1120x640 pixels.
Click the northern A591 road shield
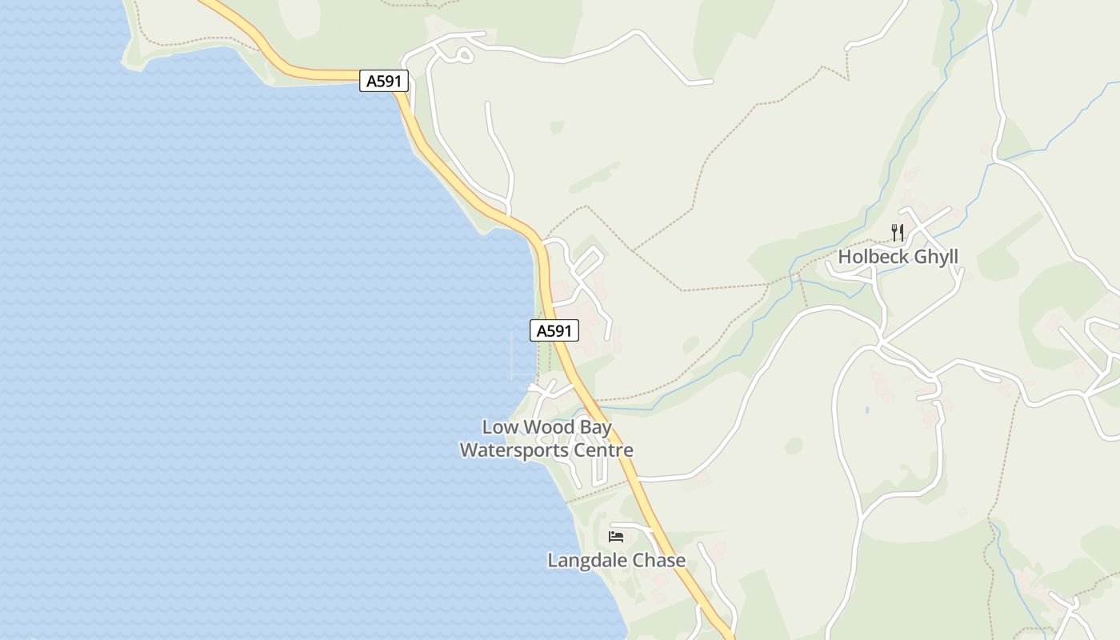tap(384, 81)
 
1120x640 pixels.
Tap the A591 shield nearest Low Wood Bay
tap(554, 330)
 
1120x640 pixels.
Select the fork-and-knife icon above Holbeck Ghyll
tap(898, 233)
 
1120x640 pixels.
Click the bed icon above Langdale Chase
tap(616, 536)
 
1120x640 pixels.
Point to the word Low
tap(500, 427)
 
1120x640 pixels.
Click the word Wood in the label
tap(550, 427)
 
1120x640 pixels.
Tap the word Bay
tap(596, 428)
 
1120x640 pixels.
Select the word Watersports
tap(514, 450)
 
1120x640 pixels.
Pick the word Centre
tap(603, 450)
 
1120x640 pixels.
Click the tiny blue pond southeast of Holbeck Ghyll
tap(867, 410)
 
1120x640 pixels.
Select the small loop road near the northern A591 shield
tap(462, 54)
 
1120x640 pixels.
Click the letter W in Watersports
tap(469, 450)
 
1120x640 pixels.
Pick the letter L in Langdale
tap(552, 560)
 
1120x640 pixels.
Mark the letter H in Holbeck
tap(844, 257)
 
